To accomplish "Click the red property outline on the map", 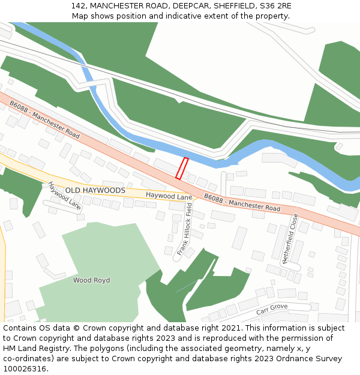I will pyautogui.click(x=182, y=168).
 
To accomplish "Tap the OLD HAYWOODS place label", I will pyautogui.click(x=95, y=190).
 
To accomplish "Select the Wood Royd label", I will pyautogui.click(x=91, y=280).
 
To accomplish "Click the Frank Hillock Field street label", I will pyautogui.click(x=184, y=229).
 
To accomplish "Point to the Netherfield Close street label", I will pyautogui.click(x=290, y=239).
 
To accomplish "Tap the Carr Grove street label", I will pyautogui.click(x=272, y=310).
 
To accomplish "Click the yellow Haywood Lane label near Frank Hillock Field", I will pyautogui.click(x=169, y=196).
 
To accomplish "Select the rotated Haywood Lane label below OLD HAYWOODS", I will pyautogui.click(x=64, y=196).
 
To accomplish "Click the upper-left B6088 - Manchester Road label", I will pyautogui.click(x=44, y=119).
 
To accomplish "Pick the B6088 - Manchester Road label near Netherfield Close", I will pyautogui.click(x=242, y=202).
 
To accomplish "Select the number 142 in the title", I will pyautogui.click(x=78, y=6).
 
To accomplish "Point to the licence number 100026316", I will pyautogui.click(x=25, y=369).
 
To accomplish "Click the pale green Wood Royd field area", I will pyautogui.click(x=102, y=258).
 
